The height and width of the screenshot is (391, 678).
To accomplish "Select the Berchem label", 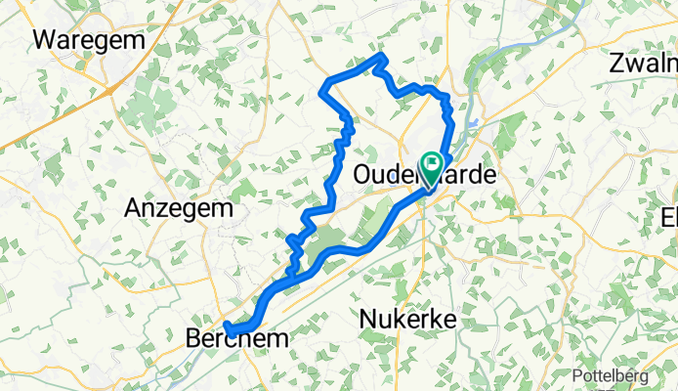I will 236,338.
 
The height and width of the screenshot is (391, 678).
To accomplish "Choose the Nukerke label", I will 408,319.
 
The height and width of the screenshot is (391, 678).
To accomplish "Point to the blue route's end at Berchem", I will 226,325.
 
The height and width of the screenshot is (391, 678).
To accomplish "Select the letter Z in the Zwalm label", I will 614,64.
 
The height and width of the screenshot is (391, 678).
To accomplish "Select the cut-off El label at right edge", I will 668,216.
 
